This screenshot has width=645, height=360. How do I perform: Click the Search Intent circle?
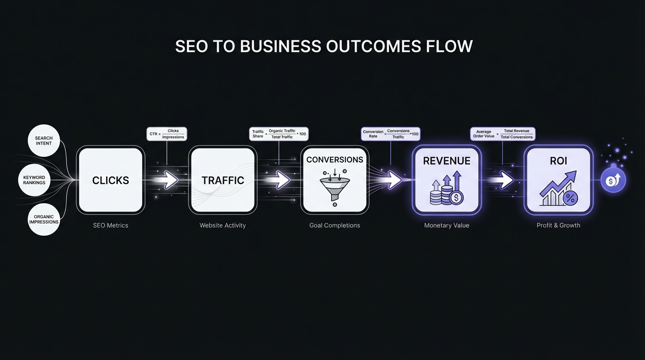[44, 141]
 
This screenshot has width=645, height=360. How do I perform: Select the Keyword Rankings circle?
[34, 180]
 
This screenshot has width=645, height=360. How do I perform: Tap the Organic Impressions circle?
[44, 219]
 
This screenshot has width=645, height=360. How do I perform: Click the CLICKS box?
[111, 180]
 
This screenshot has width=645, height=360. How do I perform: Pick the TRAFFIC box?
[223, 180]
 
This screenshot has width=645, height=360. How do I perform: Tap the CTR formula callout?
[167, 134]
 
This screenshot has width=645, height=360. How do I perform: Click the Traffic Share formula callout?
[279, 134]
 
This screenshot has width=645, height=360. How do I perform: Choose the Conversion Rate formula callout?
[390, 134]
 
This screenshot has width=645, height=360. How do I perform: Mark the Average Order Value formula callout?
[502, 134]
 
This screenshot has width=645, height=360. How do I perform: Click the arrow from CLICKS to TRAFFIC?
[168, 180]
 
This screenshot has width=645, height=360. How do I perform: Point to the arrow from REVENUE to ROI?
[504, 180]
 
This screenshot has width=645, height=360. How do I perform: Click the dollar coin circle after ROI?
[613, 180]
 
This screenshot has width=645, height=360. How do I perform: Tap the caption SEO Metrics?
[111, 225]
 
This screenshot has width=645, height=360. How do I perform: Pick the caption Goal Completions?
[335, 225]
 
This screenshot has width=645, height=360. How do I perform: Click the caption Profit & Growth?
[558, 225]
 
